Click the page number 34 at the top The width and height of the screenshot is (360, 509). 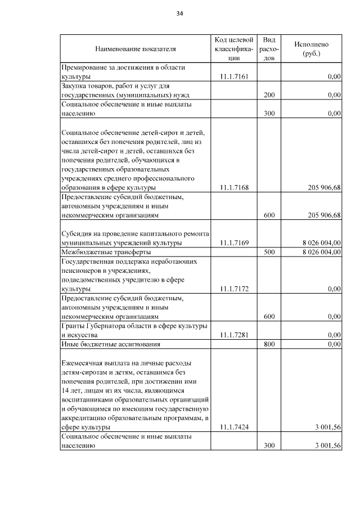coord(180,13)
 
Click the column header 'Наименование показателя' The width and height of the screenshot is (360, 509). coord(135,49)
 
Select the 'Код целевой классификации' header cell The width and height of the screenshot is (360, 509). coord(235,49)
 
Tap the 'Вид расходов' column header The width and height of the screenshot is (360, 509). coord(269,49)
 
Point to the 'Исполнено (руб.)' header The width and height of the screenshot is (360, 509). coord(311,49)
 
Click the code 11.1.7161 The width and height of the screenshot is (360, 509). coord(235,76)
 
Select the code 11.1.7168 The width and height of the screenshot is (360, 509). coord(235,188)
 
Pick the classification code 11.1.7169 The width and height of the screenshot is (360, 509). coord(235,243)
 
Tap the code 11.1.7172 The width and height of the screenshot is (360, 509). coord(235,289)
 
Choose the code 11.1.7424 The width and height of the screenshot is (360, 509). coord(235,427)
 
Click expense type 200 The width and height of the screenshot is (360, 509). coord(269,95)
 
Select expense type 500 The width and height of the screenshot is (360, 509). coord(269,252)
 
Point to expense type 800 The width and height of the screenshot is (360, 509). coord(269,344)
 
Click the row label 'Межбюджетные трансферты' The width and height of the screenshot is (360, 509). coord(97,252)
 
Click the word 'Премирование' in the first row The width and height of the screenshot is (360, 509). coord(82,67)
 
